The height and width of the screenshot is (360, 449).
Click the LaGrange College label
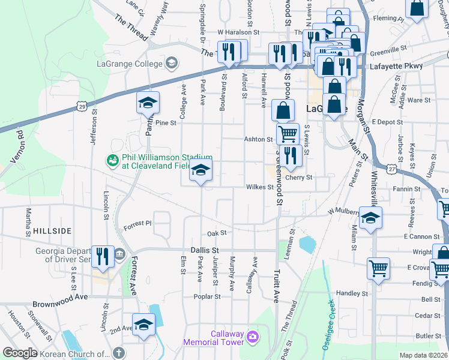click(x=130, y=64)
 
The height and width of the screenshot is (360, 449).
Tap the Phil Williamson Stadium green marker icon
click(x=112, y=160)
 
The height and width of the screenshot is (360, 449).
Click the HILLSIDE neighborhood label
click(x=52, y=230)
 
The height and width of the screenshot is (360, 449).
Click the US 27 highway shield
click(x=391, y=169)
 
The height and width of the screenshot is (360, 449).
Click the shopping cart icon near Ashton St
click(x=288, y=133)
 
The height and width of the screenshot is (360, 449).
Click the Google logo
click(x=20, y=353)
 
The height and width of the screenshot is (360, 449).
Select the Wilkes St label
click(x=260, y=187)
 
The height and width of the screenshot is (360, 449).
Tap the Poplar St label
click(x=203, y=296)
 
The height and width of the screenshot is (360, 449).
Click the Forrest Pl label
click(x=138, y=224)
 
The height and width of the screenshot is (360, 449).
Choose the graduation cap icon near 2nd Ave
click(x=144, y=325)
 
